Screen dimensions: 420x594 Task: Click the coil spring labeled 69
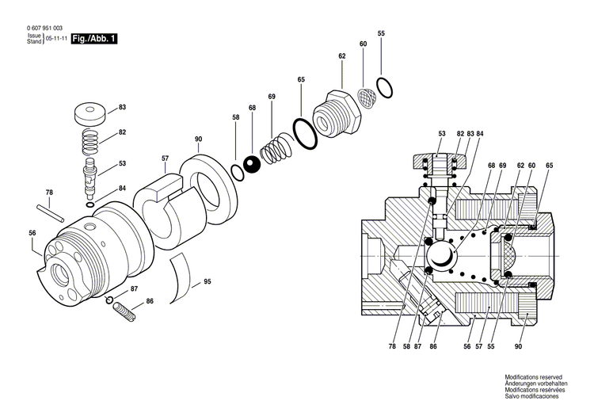coord(277,149)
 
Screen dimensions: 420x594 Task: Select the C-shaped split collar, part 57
coord(162,208)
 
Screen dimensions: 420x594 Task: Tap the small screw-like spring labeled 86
coord(126,311)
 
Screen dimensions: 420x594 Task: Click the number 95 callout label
coord(208,281)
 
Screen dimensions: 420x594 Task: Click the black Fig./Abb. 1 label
coord(93,37)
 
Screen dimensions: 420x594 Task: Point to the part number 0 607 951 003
coord(46,28)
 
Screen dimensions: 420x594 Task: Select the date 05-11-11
coord(55,38)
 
